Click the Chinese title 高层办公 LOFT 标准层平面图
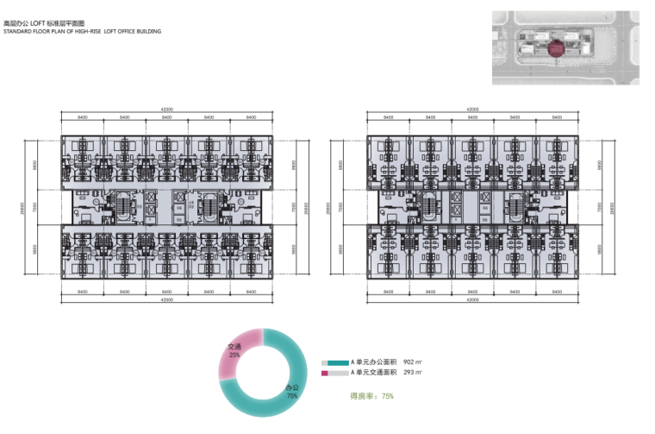coord(53,22)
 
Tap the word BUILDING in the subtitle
coord(145,31)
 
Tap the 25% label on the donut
coord(234,355)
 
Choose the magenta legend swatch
coord(326,374)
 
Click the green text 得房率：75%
coord(371,397)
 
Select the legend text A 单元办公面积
coord(373,363)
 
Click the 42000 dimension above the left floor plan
coord(166,110)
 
